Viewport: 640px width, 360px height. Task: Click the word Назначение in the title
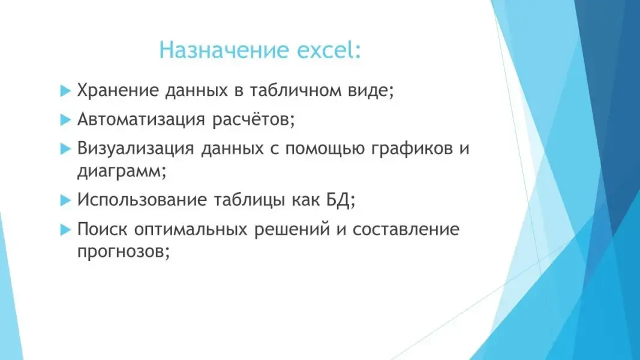224,50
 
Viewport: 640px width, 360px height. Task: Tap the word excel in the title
326,49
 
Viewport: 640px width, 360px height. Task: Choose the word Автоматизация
141,119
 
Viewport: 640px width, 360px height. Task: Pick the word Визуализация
136,149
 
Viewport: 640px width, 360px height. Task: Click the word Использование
142,200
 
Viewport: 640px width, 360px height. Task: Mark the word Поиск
103,229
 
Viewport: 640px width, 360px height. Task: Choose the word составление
406,229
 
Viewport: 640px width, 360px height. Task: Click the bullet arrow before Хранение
66,90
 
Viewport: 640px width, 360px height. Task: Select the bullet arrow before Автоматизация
66,119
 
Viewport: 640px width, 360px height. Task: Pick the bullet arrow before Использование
66,200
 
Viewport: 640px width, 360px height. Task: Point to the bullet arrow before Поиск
66,229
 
